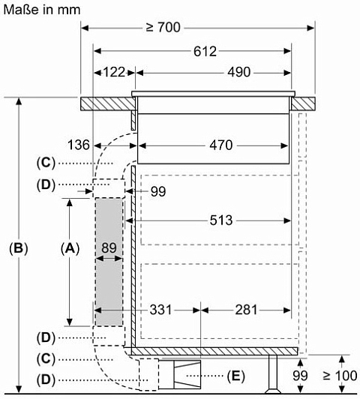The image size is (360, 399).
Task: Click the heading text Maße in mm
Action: click(42, 10)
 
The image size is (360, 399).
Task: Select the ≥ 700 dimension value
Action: click(163, 27)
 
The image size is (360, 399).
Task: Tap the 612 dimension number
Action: click(205, 51)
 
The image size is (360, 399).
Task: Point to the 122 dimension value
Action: click(114, 72)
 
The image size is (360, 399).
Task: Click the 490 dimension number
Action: click(239, 72)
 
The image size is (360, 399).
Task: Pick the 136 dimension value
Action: click(79, 145)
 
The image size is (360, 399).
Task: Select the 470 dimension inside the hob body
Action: click(220, 145)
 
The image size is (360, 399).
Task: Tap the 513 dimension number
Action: click(221, 220)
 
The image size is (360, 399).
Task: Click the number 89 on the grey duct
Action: click(109, 247)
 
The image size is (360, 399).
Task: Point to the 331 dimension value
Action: click(160, 310)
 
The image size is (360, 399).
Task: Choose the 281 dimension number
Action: click(246, 310)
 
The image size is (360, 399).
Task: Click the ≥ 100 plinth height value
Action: click(340, 376)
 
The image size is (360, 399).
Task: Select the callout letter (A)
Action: click(70, 248)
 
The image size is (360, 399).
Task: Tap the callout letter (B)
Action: click(19, 248)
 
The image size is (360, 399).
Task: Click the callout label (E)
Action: click(235, 376)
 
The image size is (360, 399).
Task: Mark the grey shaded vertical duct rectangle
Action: click(109, 262)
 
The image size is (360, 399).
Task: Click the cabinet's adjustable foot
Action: click(273, 374)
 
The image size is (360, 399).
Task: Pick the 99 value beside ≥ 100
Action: click(300, 376)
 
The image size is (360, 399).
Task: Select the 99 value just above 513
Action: click(158, 191)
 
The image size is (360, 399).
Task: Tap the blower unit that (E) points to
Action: click(179, 374)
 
